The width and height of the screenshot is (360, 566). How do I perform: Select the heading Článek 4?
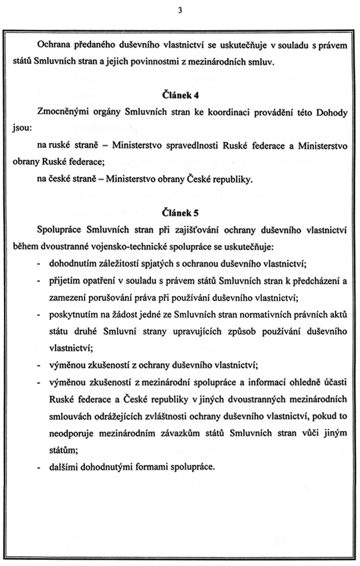[x=180, y=94]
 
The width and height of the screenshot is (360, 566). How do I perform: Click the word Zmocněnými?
[x=61, y=113]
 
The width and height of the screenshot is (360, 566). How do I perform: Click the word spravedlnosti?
[x=189, y=146]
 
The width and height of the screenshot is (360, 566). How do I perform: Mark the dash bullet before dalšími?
[x=38, y=465]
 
